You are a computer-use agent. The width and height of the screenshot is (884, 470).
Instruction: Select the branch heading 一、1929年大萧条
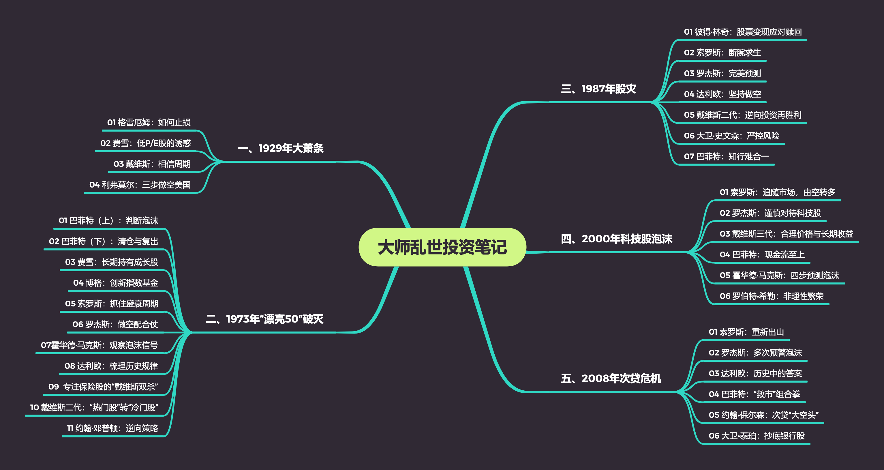pyautogui.click(x=281, y=148)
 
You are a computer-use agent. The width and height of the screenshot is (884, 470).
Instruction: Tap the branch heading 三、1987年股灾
pyautogui.click(x=598, y=89)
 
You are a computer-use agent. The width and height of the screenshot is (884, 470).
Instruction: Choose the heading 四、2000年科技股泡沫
pyautogui.click(x=616, y=239)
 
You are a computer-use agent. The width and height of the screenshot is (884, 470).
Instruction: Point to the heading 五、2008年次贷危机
pyautogui.click(x=611, y=378)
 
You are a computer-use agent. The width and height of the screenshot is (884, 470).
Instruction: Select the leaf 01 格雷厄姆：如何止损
pyautogui.click(x=149, y=123)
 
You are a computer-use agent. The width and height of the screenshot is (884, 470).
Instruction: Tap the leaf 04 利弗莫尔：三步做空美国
pyautogui.click(x=140, y=185)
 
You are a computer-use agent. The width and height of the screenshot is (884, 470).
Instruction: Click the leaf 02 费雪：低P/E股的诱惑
pyautogui.click(x=145, y=143)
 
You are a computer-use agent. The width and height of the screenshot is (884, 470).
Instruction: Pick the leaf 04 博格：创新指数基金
pyautogui.click(x=116, y=283)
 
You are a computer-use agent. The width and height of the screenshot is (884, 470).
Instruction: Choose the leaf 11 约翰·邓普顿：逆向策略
pyautogui.click(x=112, y=428)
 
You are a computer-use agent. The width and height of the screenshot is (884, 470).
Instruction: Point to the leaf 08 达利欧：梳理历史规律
pyautogui.click(x=111, y=366)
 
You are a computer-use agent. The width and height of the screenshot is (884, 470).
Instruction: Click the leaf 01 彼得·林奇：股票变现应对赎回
pyautogui.click(x=743, y=32)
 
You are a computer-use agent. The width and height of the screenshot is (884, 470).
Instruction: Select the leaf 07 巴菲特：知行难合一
pyautogui.click(x=727, y=157)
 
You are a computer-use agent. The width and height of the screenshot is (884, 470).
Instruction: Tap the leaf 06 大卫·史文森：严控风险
pyautogui.click(x=732, y=136)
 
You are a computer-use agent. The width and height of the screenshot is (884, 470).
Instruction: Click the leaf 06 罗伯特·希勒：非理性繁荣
pyautogui.click(x=772, y=296)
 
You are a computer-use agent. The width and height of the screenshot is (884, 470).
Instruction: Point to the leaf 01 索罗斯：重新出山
pyautogui.click(x=746, y=332)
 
